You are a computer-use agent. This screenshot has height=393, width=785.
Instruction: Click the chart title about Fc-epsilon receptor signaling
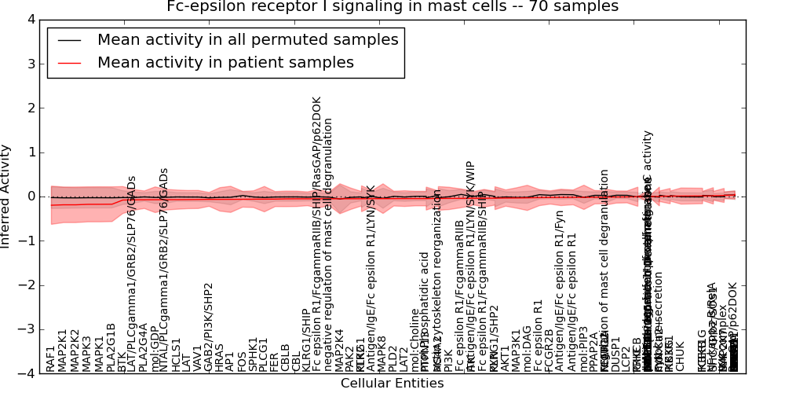392,7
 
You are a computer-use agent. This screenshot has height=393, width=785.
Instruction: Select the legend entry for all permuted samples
247,40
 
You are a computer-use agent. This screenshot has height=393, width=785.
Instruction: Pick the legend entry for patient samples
225,63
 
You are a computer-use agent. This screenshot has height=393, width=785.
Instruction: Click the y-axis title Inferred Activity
6,196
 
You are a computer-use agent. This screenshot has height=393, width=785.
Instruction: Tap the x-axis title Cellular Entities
392,384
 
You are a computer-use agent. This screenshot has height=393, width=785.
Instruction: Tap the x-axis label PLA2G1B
111,347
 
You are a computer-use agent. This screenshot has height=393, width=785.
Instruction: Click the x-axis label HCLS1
177,354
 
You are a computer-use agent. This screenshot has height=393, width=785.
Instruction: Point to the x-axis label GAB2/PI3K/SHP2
209,327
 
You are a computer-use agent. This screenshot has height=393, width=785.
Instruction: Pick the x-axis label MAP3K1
516,351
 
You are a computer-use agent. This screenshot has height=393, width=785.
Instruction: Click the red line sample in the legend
70,63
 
